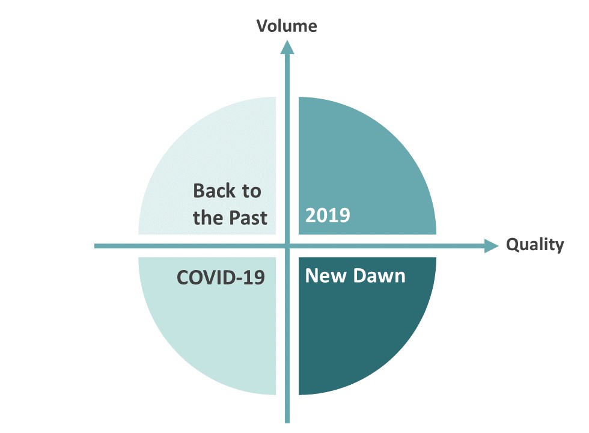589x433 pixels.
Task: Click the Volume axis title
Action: (x=287, y=26)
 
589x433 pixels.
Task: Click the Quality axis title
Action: (x=535, y=245)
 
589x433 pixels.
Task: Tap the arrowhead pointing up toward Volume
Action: (x=287, y=48)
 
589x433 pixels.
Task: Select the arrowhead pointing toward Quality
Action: (x=492, y=246)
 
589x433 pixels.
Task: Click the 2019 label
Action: (x=328, y=215)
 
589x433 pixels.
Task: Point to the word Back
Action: (x=214, y=191)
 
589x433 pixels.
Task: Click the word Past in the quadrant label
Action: (x=248, y=218)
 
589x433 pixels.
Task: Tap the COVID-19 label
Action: (x=221, y=277)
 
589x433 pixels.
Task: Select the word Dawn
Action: (x=379, y=275)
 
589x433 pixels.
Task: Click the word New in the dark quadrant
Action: (x=326, y=275)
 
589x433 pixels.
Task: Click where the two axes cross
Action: (x=287, y=246)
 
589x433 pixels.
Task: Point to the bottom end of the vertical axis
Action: (x=287, y=422)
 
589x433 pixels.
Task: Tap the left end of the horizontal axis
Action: (x=95, y=246)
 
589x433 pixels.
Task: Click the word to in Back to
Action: (x=252, y=191)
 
